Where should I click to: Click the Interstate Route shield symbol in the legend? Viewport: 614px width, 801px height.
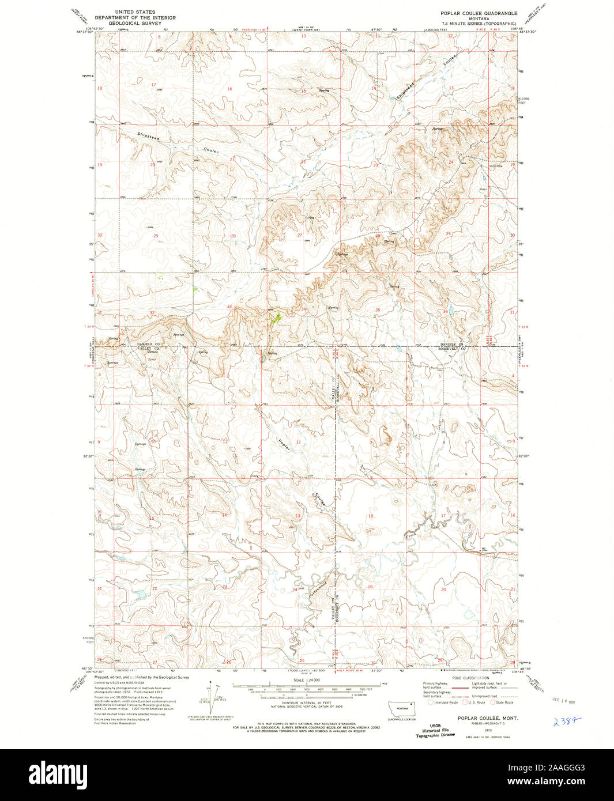431,702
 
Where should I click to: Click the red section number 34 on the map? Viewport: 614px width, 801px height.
303,309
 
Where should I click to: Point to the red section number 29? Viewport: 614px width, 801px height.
155,236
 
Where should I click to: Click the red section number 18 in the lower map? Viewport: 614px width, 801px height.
371,516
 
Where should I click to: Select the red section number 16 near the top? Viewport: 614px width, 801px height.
229,89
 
